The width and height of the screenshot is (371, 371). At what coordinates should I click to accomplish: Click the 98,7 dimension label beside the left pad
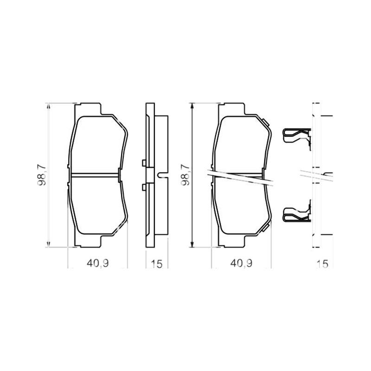(x=42, y=175)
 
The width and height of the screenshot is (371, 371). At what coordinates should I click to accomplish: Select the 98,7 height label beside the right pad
(x=185, y=175)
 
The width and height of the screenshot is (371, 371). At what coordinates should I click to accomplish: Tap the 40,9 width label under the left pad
(x=98, y=263)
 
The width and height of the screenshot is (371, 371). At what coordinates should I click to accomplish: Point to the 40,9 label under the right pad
(x=241, y=263)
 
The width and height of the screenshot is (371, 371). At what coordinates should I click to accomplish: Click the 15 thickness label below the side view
(x=157, y=264)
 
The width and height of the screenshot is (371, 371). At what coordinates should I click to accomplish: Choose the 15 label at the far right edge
(x=323, y=264)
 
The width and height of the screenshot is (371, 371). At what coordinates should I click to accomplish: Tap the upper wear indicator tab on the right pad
(x=265, y=122)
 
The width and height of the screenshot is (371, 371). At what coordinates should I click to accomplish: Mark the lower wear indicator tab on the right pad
(x=265, y=228)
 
